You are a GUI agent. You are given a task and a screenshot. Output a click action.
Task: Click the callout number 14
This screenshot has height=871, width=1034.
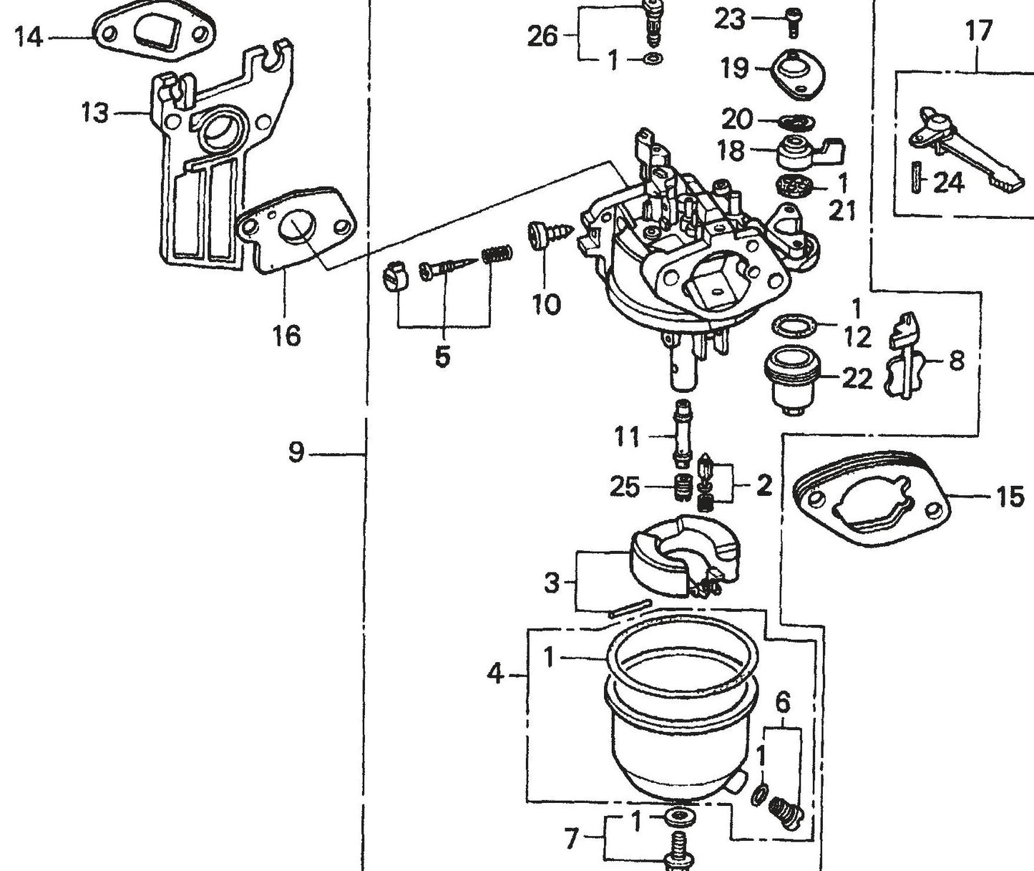[x=29, y=37]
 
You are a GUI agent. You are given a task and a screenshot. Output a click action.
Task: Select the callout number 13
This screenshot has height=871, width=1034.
[x=95, y=113]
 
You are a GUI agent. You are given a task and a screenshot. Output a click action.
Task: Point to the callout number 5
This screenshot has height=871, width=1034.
[x=443, y=356]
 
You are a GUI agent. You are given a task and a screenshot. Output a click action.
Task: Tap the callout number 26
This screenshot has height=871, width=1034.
[x=542, y=35]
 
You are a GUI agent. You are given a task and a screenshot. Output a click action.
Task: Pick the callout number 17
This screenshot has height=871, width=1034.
[x=978, y=31]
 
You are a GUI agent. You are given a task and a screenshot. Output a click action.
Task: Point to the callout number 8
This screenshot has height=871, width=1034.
[x=957, y=360]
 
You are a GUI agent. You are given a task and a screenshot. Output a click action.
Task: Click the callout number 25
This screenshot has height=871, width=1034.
[x=624, y=487]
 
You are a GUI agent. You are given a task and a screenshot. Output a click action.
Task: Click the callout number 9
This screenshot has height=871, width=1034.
[x=296, y=452]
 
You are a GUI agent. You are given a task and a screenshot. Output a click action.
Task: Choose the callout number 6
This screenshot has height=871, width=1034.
[x=783, y=703]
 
